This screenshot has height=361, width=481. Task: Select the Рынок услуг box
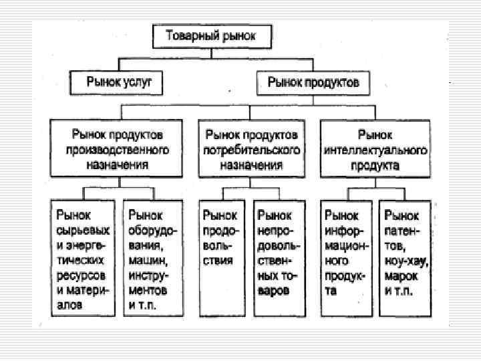pos(119,82)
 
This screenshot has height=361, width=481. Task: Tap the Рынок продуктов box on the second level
pos(313,82)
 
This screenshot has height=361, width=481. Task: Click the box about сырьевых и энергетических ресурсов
pos(83,258)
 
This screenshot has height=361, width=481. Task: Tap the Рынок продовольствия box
pos(220,258)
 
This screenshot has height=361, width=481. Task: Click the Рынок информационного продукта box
pos(346,258)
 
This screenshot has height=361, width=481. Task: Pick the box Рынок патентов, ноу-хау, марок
pos(405,258)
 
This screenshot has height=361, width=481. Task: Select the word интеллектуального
pos(375,150)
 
